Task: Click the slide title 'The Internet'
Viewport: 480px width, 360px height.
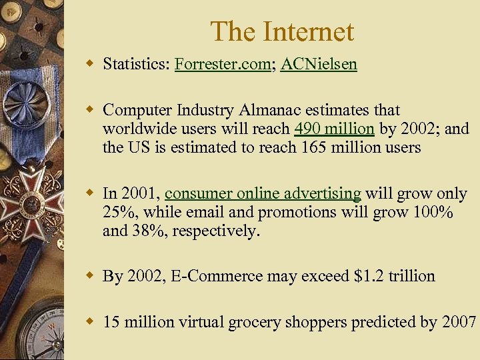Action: tap(281, 31)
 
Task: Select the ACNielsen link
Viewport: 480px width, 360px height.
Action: tap(319, 64)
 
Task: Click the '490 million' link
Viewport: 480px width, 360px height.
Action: tap(334, 129)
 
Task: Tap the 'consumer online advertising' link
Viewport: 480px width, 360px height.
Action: tap(263, 193)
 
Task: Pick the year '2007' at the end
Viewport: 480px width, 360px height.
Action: tap(459, 322)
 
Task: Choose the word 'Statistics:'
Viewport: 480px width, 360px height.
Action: tap(136, 64)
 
